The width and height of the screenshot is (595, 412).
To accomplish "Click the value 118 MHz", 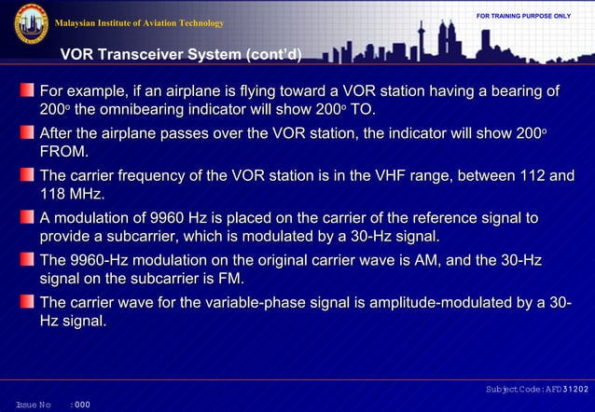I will click(72, 194).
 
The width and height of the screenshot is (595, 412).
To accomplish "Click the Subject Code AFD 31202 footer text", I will click(538, 388).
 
